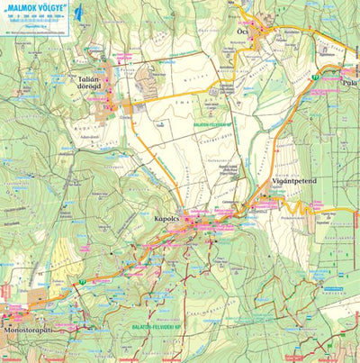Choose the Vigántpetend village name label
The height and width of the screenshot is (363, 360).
(x=295, y=180)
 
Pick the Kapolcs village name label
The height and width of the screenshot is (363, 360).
(x=167, y=219)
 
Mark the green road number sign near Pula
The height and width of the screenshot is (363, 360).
(x=317, y=79)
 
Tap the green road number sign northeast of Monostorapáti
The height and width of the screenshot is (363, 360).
(x=82, y=283)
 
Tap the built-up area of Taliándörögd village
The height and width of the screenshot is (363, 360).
(x=115, y=86)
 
